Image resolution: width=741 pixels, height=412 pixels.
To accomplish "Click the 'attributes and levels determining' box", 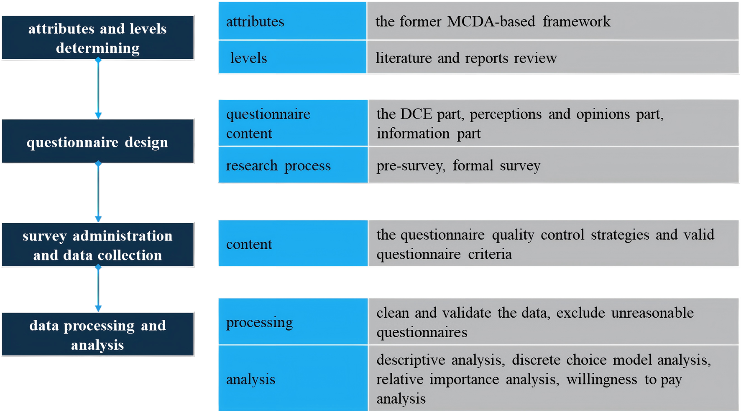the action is click(x=97, y=38).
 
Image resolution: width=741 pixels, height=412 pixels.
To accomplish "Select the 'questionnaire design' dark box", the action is click(x=97, y=141).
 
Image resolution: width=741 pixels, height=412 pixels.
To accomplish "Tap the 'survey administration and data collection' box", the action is click(x=97, y=245).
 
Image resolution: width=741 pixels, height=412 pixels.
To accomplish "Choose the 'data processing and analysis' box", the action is click(x=97, y=334).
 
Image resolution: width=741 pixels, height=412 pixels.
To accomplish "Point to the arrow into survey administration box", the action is click(x=98, y=192).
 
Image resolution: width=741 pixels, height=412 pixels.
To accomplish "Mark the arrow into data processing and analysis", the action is click(x=98, y=289).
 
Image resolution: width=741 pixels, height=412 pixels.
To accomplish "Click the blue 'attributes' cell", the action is click(x=292, y=21).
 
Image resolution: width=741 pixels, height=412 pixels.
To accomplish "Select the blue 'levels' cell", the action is click(x=292, y=57).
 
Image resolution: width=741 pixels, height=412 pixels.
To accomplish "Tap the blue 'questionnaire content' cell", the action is click(x=292, y=123).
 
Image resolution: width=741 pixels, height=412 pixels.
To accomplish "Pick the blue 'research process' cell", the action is click(x=292, y=165).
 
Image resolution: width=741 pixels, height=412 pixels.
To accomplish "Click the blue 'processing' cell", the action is click(x=292, y=322).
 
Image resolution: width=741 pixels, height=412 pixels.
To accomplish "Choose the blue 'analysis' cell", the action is click(x=292, y=378).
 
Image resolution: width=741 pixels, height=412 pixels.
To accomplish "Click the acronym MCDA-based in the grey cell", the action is click(x=491, y=21).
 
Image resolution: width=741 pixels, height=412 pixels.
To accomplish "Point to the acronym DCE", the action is click(x=416, y=114).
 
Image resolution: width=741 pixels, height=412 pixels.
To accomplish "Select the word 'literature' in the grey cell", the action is click(x=404, y=58).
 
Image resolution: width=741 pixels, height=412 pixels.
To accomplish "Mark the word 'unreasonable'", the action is click(x=652, y=313).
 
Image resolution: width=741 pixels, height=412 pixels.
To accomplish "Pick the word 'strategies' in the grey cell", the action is click(x=620, y=235).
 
